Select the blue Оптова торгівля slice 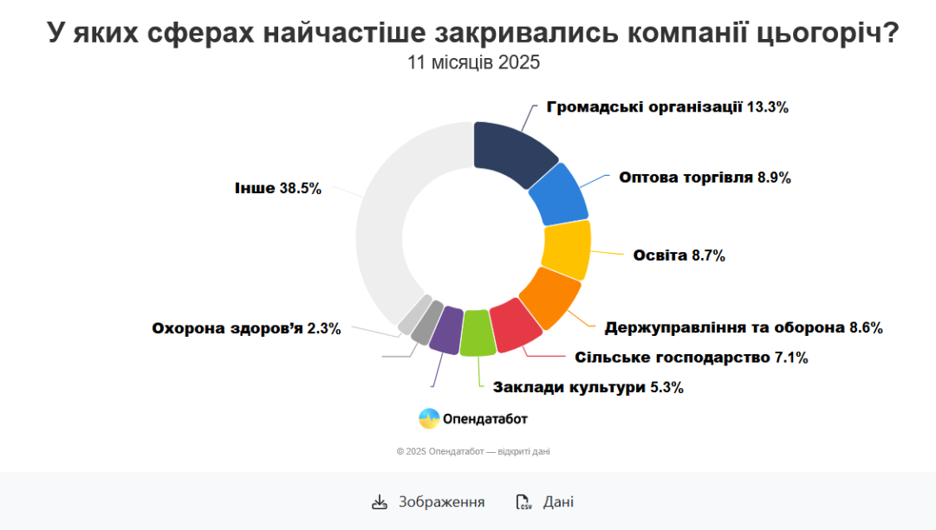click(x=559, y=194)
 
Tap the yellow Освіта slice click(x=566, y=249)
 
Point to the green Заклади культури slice click(x=478, y=333)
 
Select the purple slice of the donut click(x=446, y=329)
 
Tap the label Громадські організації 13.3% click(x=667, y=107)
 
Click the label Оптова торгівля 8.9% click(x=705, y=178)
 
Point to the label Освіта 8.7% click(x=679, y=255)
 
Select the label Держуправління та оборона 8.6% click(x=743, y=328)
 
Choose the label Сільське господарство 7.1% click(x=691, y=358)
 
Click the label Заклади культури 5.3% click(x=588, y=388)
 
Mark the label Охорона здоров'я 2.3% click(x=246, y=329)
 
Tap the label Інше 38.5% click(x=277, y=188)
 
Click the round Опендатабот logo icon click(x=429, y=419)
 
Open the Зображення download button click(x=428, y=502)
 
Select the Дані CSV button click(x=545, y=502)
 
